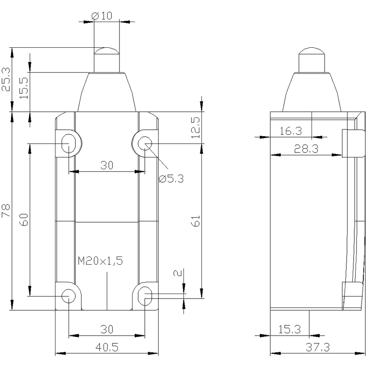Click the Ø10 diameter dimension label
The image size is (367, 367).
(x=102, y=16)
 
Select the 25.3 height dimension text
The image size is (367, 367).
(x=6, y=80)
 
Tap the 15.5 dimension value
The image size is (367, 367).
(x=24, y=88)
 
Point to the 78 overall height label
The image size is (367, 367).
(x=6, y=210)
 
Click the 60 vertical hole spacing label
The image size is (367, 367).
(x=24, y=219)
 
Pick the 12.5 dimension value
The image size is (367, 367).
(x=195, y=128)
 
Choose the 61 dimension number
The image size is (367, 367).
(x=196, y=221)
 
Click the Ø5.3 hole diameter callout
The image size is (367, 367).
(x=171, y=179)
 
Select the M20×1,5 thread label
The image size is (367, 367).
(x=100, y=261)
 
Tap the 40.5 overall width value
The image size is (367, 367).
(x=107, y=347)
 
